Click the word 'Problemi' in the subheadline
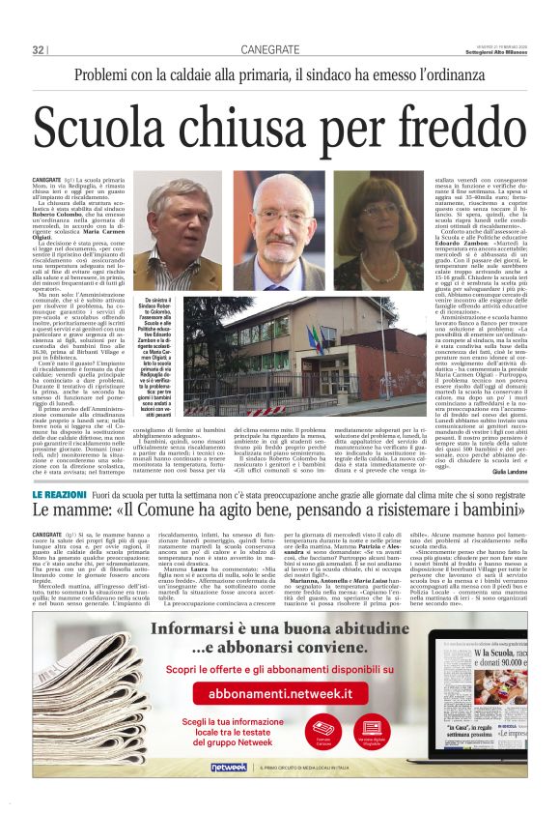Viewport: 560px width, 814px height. (107, 75)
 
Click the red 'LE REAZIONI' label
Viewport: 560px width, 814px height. (59, 495)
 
